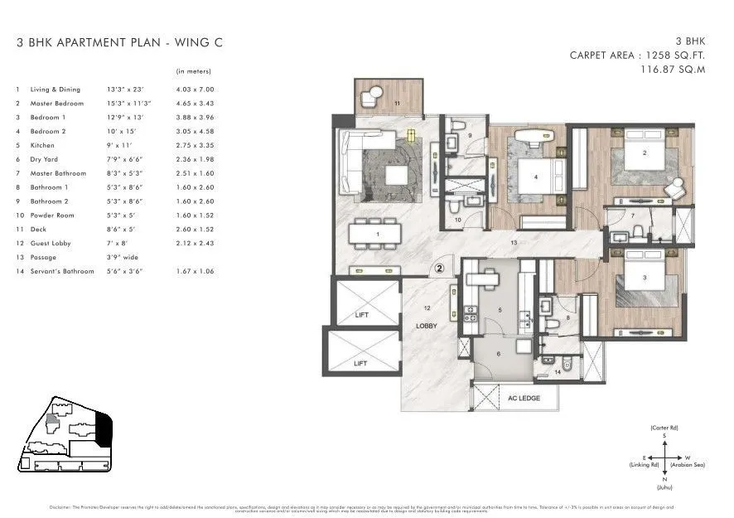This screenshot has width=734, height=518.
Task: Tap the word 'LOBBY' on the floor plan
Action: click(426, 326)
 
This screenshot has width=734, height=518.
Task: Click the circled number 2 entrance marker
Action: click(440, 268)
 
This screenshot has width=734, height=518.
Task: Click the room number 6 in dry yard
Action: click(498, 354)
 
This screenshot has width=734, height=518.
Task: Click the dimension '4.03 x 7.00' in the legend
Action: click(195, 90)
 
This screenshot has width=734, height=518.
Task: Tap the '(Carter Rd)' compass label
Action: click(664, 428)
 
